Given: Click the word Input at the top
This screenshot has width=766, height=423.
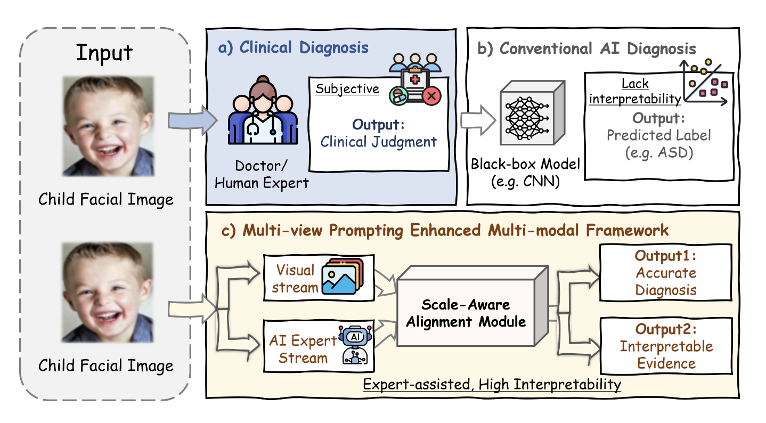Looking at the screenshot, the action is [104, 53].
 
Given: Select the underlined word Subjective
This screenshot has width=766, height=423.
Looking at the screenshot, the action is [347, 89].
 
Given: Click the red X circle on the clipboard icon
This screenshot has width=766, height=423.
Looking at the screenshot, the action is [432, 96].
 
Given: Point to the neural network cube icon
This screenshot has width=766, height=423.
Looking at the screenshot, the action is [532, 113].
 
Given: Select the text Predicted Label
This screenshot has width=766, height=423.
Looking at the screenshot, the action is [658, 135].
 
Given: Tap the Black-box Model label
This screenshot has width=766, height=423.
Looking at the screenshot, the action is [525, 173].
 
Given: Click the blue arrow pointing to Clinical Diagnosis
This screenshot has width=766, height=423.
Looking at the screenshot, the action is [192, 120].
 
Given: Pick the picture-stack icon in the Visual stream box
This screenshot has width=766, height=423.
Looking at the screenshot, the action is [343, 276].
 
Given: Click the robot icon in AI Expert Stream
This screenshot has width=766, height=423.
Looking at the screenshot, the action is [355, 345].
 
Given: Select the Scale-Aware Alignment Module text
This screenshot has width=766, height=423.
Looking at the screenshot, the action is [466, 313].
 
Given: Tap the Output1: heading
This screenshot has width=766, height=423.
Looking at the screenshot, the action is [665, 256].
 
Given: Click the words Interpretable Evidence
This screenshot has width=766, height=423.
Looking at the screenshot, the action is [666, 355].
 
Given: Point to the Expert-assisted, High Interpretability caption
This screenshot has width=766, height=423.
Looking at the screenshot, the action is [492, 385].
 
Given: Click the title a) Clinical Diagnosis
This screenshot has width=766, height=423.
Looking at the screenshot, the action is [293, 47].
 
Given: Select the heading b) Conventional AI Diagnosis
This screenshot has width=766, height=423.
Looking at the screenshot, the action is [586, 49].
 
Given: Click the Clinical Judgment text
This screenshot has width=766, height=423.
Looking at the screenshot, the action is [378, 142].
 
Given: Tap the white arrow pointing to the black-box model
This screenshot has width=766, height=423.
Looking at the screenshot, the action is [478, 120].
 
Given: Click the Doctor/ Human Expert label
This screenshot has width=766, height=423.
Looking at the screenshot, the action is [262, 174].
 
